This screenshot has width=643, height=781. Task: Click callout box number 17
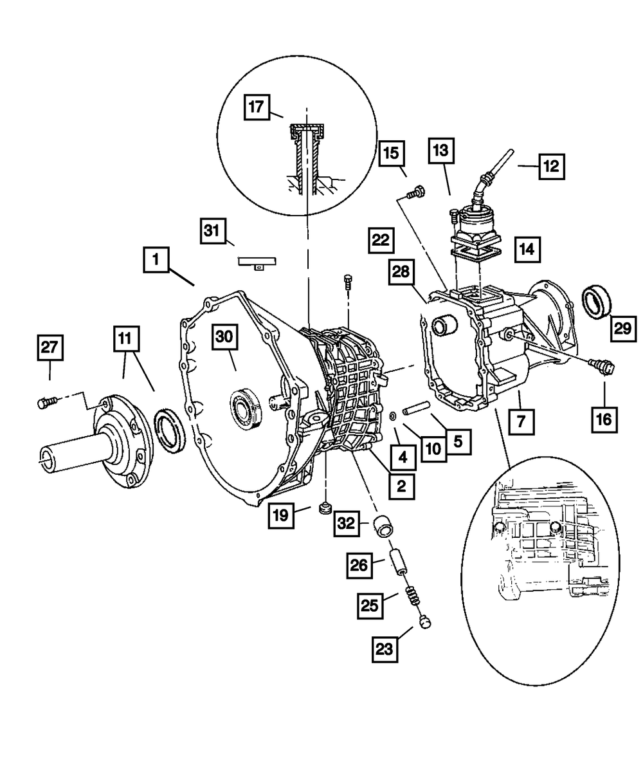[257, 107]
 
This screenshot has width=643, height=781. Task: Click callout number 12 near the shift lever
[550, 166]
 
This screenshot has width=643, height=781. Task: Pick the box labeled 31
[213, 230]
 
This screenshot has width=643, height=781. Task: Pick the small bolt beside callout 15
[415, 191]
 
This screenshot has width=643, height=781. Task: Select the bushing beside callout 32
[386, 524]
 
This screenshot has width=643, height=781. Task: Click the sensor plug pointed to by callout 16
[604, 367]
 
